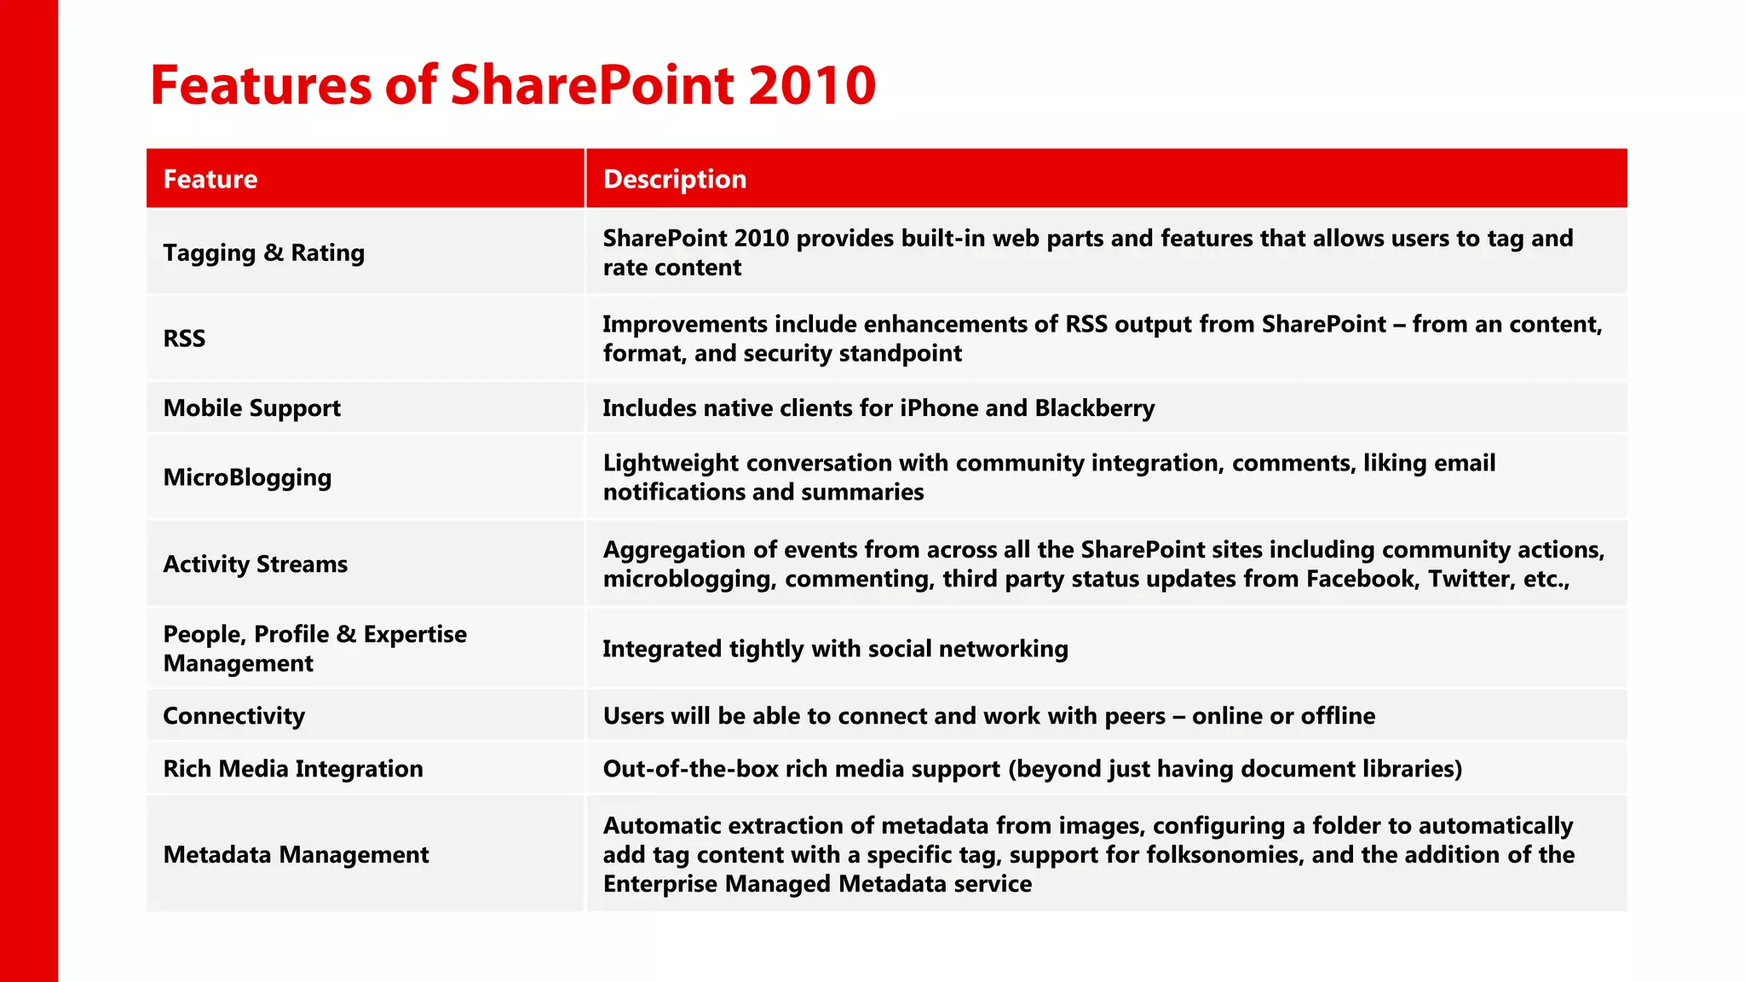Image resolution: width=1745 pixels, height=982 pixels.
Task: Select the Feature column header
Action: [x=210, y=179]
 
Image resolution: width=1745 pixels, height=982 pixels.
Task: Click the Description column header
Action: [x=675, y=179]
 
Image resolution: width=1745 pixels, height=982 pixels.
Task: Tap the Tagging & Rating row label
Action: [x=263, y=253]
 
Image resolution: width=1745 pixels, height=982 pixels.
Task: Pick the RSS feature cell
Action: [x=184, y=338]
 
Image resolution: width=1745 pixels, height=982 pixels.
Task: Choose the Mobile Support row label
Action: [x=251, y=408]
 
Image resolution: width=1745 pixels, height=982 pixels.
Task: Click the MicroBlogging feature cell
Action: [x=247, y=477]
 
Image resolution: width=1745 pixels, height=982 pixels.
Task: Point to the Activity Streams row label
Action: [x=255, y=564]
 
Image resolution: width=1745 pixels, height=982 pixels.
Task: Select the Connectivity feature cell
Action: [x=233, y=716]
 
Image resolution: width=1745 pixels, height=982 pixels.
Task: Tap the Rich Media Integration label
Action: [x=292, y=769]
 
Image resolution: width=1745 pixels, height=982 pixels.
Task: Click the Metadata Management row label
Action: [x=296, y=855]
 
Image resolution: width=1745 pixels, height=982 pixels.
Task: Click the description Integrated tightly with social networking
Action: [x=835, y=650]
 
